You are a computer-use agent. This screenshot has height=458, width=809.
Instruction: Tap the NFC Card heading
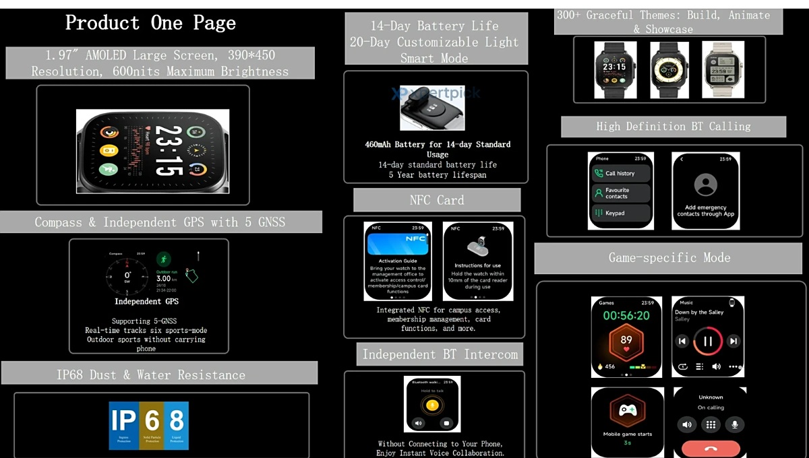tap(436, 200)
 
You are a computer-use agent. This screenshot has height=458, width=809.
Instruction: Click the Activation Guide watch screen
tap(398, 261)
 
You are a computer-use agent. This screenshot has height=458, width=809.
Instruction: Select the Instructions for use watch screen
tap(477, 261)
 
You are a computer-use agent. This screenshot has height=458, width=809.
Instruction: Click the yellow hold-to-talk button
tap(431, 405)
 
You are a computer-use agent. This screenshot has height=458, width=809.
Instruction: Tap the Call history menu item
tap(621, 173)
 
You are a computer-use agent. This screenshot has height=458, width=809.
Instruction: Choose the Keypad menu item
tap(621, 213)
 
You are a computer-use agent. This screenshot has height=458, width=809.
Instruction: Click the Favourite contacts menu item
tap(621, 193)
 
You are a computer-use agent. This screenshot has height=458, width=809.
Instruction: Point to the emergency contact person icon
tap(705, 185)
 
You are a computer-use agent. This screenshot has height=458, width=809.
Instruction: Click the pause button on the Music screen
tap(708, 341)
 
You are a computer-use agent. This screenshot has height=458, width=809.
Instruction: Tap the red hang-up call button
tap(710, 449)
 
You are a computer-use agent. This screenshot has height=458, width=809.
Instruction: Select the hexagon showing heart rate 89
tap(626, 341)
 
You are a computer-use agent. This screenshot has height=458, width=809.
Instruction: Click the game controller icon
tap(627, 410)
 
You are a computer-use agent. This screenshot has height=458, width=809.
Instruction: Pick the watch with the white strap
tap(723, 69)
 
